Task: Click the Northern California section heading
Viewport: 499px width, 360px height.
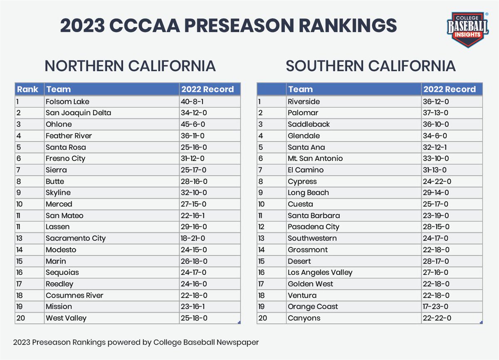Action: click(x=130, y=66)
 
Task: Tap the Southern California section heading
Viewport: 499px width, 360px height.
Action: click(x=371, y=66)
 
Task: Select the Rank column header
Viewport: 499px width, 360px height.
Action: click(x=27, y=89)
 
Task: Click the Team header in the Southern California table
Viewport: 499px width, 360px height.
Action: click(x=300, y=89)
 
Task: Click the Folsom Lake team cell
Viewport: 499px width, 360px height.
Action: click(x=67, y=102)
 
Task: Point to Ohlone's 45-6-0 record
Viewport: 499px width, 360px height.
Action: click(x=192, y=124)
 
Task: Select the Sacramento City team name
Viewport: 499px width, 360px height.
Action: click(x=76, y=238)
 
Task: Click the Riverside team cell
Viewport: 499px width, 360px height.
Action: click(x=304, y=102)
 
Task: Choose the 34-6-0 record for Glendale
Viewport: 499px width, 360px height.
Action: click(x=435, y=136)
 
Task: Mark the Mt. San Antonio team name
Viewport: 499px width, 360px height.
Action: click(x=315, y=158)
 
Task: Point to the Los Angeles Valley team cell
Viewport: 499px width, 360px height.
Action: click(x=320, y=272)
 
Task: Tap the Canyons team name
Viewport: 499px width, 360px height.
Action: click(x=304, y=318)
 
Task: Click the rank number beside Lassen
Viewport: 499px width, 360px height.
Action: click(x=20, y=227)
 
